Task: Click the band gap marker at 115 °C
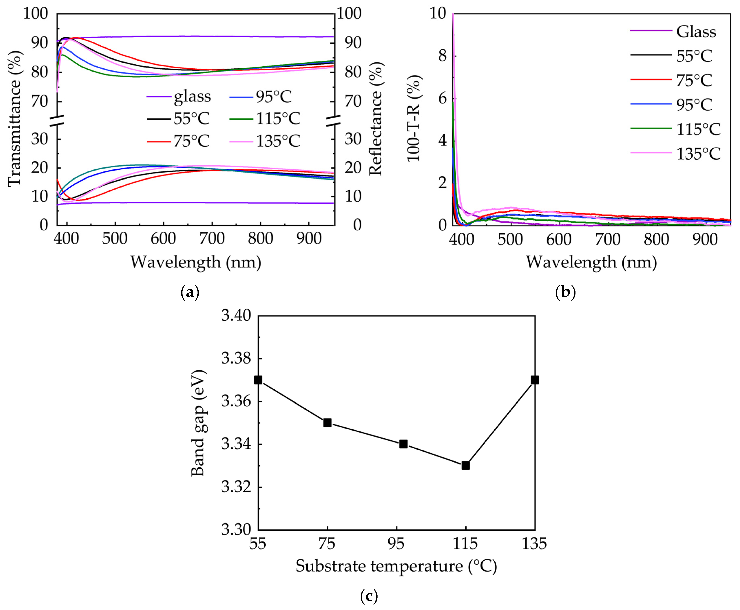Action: (465, 465)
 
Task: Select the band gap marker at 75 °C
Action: (327, 422)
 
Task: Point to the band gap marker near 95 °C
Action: (403, 444)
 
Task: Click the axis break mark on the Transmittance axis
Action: (57, 121)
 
